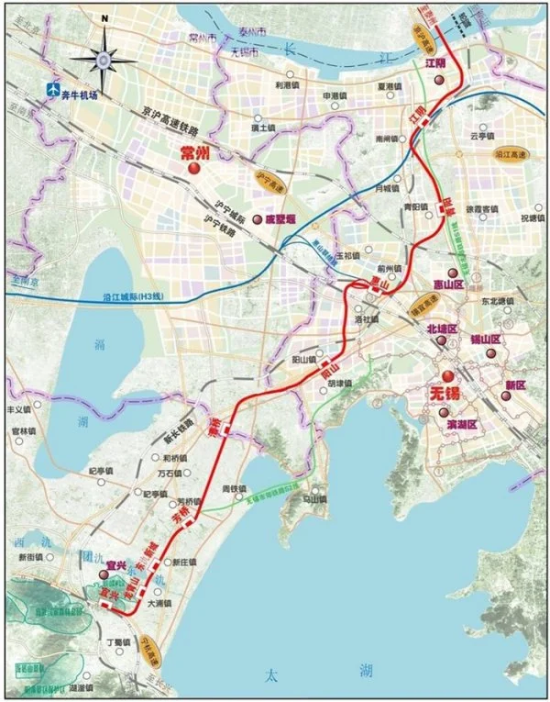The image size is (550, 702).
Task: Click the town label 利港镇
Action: (289, 84)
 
